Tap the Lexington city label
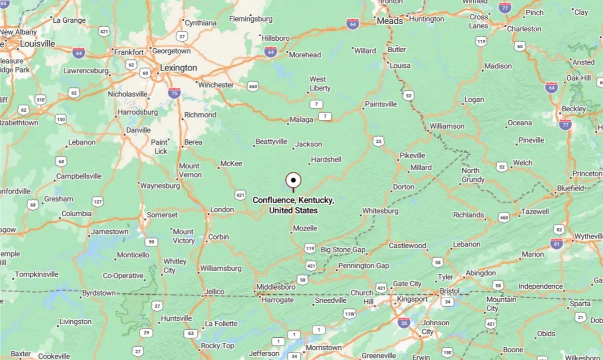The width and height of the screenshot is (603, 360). (178, 67)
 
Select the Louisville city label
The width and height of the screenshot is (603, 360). (38, 44)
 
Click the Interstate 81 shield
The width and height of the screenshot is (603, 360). (556, 243)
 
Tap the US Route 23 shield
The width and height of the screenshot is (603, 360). (378, 141)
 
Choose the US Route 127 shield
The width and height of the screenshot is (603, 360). (97, 202)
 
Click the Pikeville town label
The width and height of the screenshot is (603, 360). (413, 155)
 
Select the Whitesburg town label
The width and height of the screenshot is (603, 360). (380, 211)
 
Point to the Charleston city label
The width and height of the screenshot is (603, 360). (524, 29)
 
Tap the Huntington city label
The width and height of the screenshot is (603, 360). (427, 19)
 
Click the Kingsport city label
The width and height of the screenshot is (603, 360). (412, 299)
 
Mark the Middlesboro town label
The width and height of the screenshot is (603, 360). (276, 287)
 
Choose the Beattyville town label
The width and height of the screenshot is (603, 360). (271, 142)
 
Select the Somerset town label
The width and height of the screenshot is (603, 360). (162, 215)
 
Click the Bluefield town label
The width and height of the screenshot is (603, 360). (570, 188)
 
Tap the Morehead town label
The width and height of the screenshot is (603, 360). (305, 54)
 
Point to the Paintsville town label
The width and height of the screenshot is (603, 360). (380, 104)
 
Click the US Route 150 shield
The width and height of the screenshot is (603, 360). (61, 119)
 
